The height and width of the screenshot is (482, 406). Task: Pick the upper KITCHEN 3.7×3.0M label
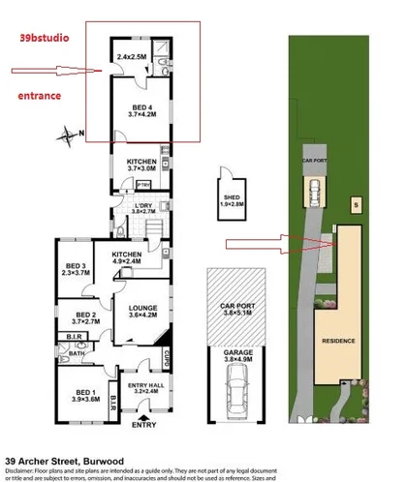click(141, 165)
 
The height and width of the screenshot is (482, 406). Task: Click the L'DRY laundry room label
click(143, 206)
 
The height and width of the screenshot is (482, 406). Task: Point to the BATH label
click(78, 353)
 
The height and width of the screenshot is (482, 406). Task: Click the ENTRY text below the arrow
click(142, 425)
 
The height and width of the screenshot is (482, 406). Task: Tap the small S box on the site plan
click(355, 204)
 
